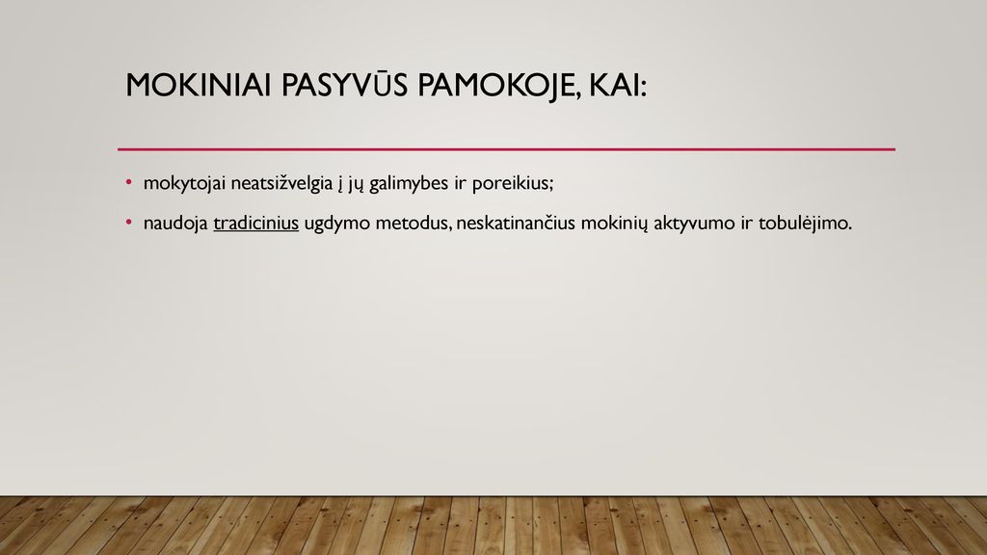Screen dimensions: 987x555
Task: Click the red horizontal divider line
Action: pyautogui.click(x=506, y=149)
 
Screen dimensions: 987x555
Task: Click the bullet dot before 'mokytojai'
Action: pyautogui.click(x=129, y=182)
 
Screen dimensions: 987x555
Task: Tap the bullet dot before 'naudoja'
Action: pyautogui.click(x=129, y=223)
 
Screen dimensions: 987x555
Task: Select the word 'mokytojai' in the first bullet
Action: pyautogui.click(x=184, y=183)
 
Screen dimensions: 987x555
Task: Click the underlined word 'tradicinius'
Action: pyautogui.click(x=255, y=223)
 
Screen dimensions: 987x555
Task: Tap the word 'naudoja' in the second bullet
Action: pyautogui.click(x=175, y=224)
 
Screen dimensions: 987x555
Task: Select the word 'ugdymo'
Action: pyautogui.click(x=336, y=224)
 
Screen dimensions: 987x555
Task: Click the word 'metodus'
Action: pyautogui.click(x=412, y=223)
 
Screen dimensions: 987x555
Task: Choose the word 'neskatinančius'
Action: pyautogui.click(x=516, y=223)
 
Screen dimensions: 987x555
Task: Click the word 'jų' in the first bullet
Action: pyautogui.click(x=356, y=184)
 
